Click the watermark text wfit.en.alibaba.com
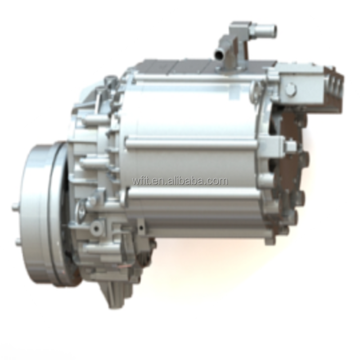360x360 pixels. pyautogui.click(x=180, y=181)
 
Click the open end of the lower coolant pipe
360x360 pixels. pyautogui.click(x=218, y=54)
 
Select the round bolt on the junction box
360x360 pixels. pyautogui.click(x=291, y=88)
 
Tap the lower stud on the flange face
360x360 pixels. pyautogui.click(x=19, y=242)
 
